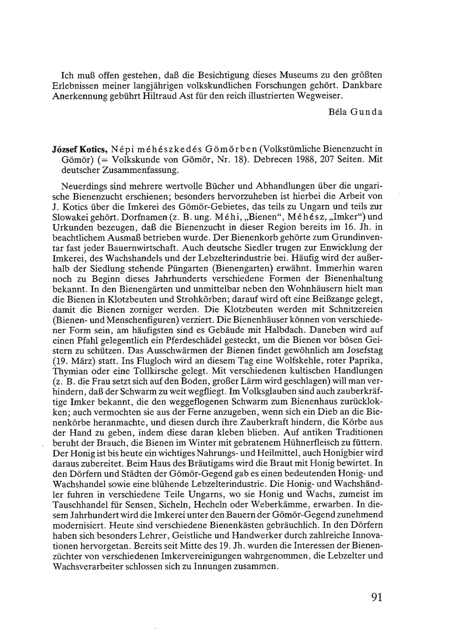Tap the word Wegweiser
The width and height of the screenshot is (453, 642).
pyautogui.click(x=320, y=96)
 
